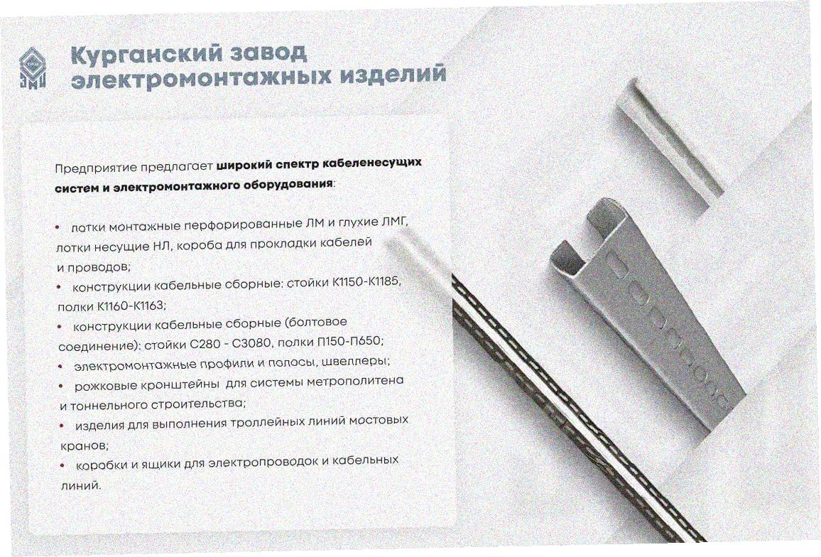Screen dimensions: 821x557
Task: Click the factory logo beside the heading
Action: click(x=33, y=69)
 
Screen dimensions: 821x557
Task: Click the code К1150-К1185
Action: click(x=366, y=282)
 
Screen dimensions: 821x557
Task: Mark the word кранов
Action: click(x=85, y=446)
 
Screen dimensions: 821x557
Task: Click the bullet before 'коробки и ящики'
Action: click(x=62, y=465)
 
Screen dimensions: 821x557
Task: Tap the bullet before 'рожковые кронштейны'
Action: click(x=61, y=386)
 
